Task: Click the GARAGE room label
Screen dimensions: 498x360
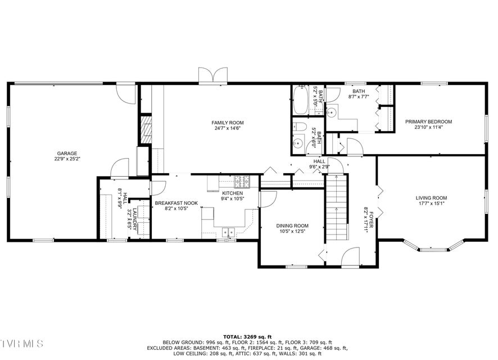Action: coord(67,154)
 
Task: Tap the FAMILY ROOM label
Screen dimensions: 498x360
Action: coord(228,123)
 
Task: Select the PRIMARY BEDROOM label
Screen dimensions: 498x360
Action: coord(428,121)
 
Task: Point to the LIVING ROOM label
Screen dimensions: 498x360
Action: coord(431,198)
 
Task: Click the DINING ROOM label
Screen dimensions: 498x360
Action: coord(292,226)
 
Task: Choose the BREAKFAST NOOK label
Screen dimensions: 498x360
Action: coord(176,203)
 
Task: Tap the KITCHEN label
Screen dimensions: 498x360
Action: coord(233,193)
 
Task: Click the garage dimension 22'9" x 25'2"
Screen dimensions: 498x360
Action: coord(67,159)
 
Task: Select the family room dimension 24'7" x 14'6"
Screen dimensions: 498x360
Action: coord(228,128)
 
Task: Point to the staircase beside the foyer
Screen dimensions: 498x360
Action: coord(337,208)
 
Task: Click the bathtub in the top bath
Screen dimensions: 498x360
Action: coord(300,100)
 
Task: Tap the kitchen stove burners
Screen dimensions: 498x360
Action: coord(242,182)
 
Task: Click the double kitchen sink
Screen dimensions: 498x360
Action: coord(228,232)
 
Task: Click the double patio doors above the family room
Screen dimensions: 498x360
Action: coord(213,75)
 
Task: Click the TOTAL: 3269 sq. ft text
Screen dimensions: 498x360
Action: coord(247,337)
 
